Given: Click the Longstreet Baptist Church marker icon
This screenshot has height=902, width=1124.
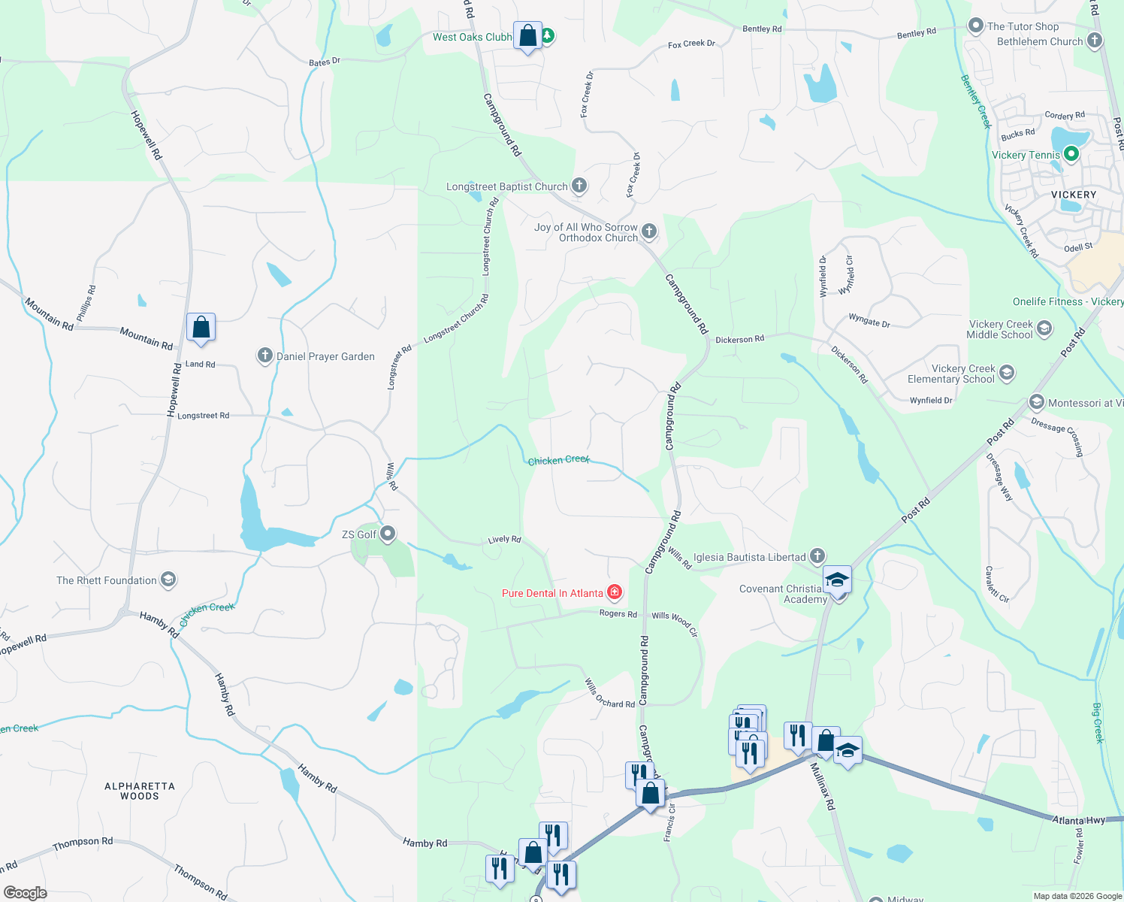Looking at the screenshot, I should (x=579, y=185).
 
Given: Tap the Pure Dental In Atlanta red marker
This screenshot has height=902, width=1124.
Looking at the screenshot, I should (x=615, y=593).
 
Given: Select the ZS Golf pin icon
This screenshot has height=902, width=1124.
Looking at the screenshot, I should (x=388, y=534).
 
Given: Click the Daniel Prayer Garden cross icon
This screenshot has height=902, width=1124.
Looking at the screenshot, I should (x=264, y=356).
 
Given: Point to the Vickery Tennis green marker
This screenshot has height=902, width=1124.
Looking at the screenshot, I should (x=1071, y=154).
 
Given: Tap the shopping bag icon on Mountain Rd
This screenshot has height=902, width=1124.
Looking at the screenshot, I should (x=201, y=328).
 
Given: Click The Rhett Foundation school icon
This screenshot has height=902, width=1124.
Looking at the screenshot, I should (x=168, y=580).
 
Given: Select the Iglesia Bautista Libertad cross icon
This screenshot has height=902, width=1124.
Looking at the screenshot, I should (x=817, y=556).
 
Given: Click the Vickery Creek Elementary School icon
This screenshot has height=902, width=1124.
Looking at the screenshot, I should (x=1007, y=372).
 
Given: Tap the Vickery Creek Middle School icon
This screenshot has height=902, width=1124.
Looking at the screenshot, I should (x=1044, y=328).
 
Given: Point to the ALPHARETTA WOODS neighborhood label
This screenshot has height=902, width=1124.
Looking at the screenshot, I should (x=140, y=791).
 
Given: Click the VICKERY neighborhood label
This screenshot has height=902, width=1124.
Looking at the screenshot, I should (x=1074, y=195).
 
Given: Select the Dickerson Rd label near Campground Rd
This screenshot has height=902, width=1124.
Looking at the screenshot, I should (x=739, y=339).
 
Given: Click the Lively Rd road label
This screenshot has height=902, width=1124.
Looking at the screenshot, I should (x=504, y=540).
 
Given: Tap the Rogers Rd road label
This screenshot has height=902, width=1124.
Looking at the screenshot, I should (x=618, y=614).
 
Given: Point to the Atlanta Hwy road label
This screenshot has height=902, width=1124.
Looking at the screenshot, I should (x=1078, y=820).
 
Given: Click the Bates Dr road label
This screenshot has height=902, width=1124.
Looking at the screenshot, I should (x=325, y=62).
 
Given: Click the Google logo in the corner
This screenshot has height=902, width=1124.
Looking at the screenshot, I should (x=25, y=893).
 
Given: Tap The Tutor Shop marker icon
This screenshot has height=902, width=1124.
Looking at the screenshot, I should (x=975, y=26).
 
